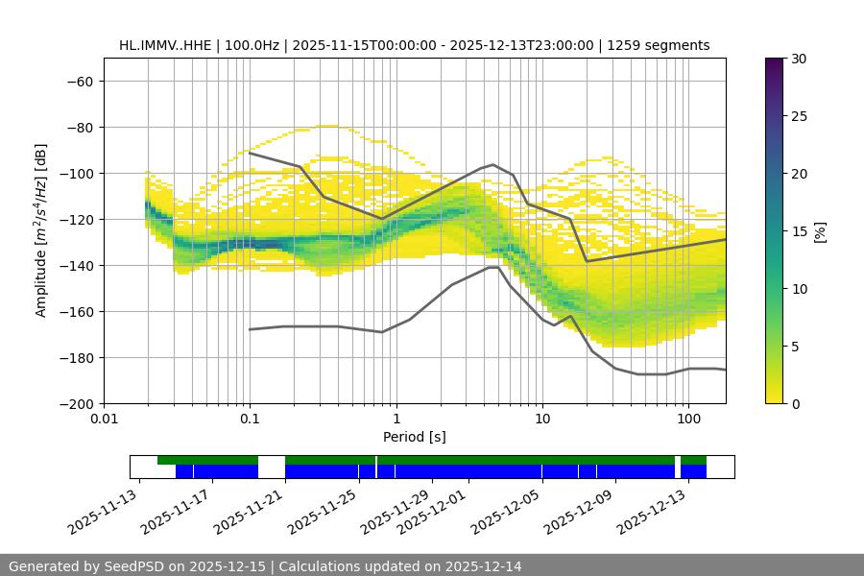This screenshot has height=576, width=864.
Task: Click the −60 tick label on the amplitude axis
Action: coord(78,81)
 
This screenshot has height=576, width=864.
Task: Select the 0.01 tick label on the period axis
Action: coord(104,420)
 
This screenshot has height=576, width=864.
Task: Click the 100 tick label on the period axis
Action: coord(687,420)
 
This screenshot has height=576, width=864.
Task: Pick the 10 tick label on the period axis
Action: coord(541,420)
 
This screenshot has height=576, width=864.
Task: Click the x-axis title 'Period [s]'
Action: coord(415,437)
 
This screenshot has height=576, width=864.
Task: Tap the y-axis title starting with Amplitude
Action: coord(41,231)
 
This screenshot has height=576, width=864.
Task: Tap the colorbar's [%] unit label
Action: coord(819,231)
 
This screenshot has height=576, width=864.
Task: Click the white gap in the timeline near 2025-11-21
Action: coord(272,467)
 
